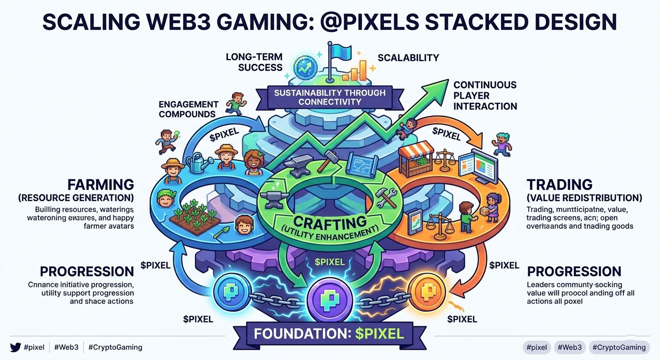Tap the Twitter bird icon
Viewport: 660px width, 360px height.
point(15,347)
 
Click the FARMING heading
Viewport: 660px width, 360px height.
point(101,184)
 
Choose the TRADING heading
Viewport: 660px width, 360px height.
point(559,184)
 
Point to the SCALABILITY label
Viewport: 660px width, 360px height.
point(408,58)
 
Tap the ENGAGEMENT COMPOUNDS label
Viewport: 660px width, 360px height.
point(188,109)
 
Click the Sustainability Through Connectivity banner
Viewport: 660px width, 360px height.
point(330,97)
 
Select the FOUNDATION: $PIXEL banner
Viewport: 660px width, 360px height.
point(329,334)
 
